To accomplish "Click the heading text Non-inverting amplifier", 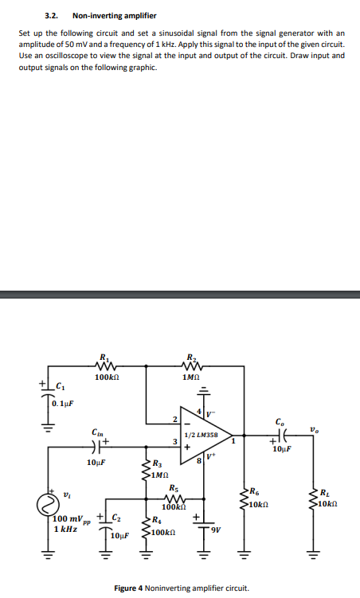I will click(x=104, y=16).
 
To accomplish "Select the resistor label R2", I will click(x=190, y=358).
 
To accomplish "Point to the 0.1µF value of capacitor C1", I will click(x=63, y=403).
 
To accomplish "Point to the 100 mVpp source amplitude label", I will click(x=70, y=518).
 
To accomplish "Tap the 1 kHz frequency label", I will click(x=65, y=529).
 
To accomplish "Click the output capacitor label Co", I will click(x=278, y=422).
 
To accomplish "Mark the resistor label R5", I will click(x=174, y=488).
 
